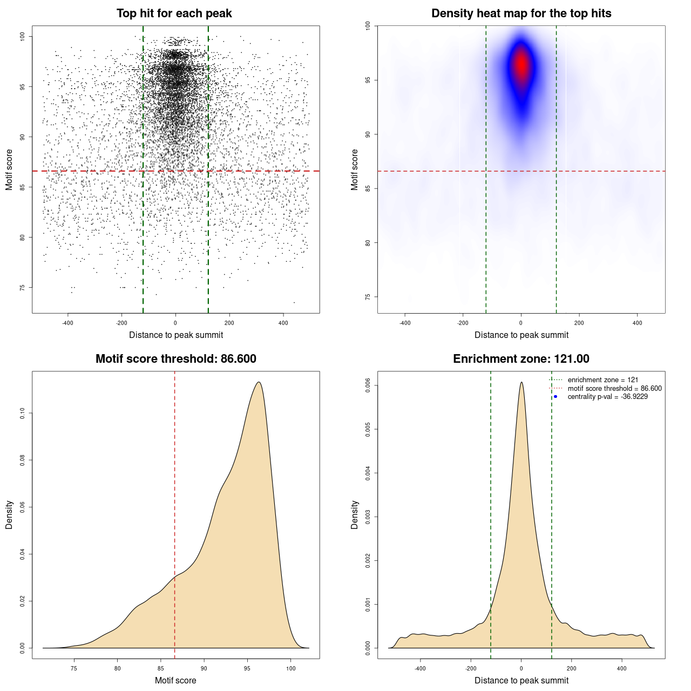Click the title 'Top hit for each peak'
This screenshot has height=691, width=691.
coord(174,13)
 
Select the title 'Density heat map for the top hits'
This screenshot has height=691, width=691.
coord(521,13)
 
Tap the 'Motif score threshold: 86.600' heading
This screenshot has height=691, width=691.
coord(175,359)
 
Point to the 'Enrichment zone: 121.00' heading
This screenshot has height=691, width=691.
coord(521,359)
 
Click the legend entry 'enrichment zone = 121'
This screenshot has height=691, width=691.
coord(602,380)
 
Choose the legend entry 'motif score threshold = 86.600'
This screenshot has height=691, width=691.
coord(614,388)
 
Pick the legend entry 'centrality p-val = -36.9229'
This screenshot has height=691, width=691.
coord(607,397)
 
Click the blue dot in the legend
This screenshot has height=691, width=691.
coord(555,397)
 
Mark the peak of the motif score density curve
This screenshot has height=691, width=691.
coord(259,382)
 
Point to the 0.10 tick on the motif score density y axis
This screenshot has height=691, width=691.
coord(23,414)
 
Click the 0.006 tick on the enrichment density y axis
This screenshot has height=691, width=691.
coord(368,385)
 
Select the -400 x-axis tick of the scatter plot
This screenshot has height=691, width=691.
coord(67,323)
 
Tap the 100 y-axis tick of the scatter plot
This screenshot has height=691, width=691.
coord(23,36)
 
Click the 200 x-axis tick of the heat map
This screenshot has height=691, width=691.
coord(579,323)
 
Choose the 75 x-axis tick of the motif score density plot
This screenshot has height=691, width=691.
coord(74,668)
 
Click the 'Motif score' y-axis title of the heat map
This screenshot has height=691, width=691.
coord(355,170)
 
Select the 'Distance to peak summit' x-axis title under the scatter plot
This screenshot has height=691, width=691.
coord(176,335)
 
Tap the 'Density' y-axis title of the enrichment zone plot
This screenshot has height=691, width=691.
coord(355,514)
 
